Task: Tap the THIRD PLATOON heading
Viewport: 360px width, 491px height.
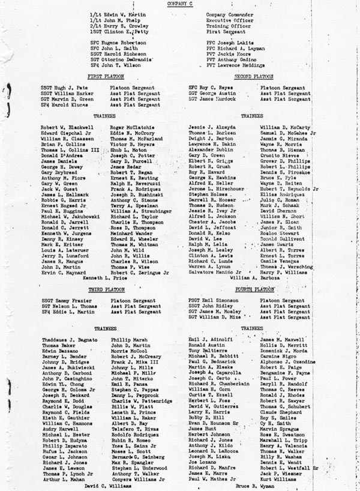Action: [106, 289]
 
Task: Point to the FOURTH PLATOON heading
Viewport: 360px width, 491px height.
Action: [254, 289]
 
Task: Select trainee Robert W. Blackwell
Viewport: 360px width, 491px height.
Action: [67, 128]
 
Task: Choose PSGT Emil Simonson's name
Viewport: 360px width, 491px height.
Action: [213, 300]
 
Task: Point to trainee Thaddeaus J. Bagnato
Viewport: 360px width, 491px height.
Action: [70, 340]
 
